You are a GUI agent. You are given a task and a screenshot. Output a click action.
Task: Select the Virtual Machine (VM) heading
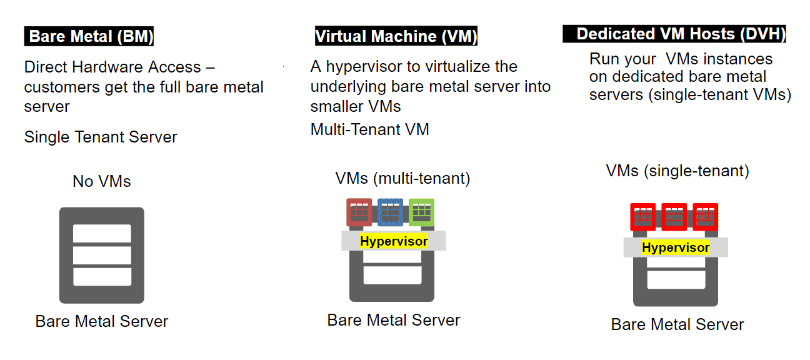coord(396,36)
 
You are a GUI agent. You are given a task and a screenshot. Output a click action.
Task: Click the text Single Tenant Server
coord(101,137)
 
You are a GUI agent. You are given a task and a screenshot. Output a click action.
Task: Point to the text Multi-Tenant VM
coord(369,129)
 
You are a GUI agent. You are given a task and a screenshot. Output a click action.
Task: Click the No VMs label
coord(102,181)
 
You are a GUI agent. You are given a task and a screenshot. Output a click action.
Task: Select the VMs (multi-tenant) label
coord(402,178)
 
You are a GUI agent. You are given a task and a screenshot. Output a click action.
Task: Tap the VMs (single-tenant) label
coord(677,171)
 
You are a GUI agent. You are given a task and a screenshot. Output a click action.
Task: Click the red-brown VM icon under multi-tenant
coord(359,212)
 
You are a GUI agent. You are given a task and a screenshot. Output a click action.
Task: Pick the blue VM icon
coord(391,212)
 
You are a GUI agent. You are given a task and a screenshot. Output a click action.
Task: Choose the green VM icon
coord(421,212)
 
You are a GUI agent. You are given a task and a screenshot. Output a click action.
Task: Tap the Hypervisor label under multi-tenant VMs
coord(394,241)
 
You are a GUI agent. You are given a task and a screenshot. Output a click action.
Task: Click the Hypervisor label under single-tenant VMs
coord(676,247)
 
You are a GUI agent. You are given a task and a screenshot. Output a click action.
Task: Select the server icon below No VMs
coord(102,255)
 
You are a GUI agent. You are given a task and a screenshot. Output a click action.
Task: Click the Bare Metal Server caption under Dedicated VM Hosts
coord(677,325)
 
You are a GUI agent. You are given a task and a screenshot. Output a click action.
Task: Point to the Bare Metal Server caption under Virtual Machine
coord(394,321)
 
